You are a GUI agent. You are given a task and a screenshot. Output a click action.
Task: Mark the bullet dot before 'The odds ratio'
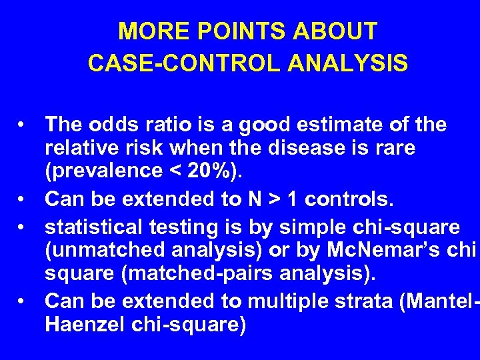(23, 125)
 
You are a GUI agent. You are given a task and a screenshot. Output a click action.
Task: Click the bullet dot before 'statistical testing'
(23, 227)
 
